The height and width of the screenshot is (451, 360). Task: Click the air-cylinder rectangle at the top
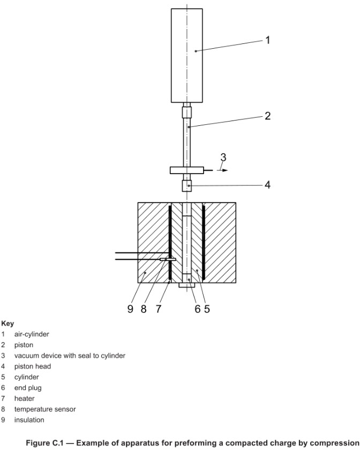186,55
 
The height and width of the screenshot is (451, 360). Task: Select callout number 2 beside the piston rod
268,116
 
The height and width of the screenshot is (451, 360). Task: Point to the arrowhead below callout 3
226,170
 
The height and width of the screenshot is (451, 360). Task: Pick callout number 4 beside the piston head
268,185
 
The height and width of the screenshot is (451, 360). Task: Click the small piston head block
187,186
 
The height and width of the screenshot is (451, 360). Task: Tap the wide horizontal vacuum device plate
187,170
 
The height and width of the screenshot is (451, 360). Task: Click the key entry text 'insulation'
29,420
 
